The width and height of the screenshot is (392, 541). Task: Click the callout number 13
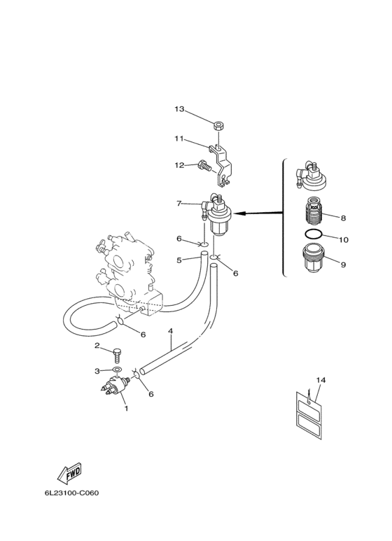pyautogui.click(x=179, y=109)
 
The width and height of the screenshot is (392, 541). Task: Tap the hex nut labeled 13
pyautogui.click(x=218, y=125)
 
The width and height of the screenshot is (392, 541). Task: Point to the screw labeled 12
pyautogui.click(x=204, y=167)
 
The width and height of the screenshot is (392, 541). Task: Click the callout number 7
pyautogui.click(x=178, y=204)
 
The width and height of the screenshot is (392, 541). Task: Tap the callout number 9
pyautogui.click(x=343, y=265)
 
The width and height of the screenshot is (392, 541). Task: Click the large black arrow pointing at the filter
pyautogui.click(x=258, y=213)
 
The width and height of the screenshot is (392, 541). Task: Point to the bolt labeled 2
pyautogui.click(x=118, y=356)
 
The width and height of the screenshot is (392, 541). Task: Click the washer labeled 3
pyautogui.click(x=117, y=370)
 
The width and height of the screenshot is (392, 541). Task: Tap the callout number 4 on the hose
pyautogui.click(x=171, y=331)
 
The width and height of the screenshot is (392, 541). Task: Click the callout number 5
pyautogui.click(x=178, y=260)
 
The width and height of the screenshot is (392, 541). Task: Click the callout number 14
pyautogui.click(x=321, y=380)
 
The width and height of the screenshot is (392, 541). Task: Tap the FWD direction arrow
pyautogui.click(x=70, y=472)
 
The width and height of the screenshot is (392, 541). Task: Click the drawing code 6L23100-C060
pyautogui.click(x=71, y=493)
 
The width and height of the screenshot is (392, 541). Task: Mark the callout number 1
pyautogui.click(x=126, y=409)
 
